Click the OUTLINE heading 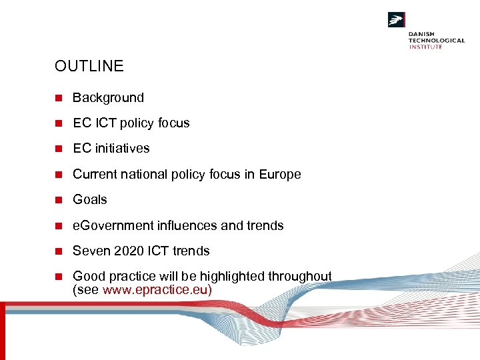point(89,66)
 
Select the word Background point(108,98)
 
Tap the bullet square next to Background point(59,98)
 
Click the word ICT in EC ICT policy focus point(103,123)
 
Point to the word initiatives point(121,149)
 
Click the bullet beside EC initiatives point(59,149)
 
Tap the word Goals point(89,200)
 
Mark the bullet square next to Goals point(59,200)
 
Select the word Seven point(90,251)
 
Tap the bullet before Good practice point(59,277)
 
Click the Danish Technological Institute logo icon point(397,20)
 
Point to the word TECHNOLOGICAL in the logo point(437,41)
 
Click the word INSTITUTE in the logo point(425,47)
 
